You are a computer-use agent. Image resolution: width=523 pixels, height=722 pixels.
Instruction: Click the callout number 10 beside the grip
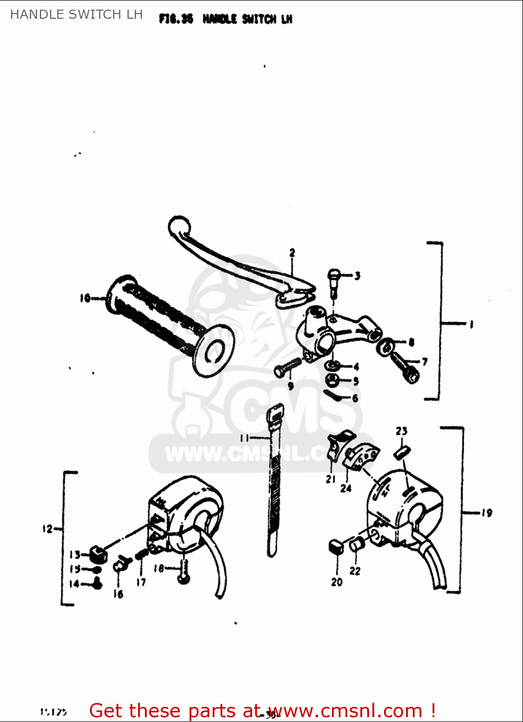pos(85,298)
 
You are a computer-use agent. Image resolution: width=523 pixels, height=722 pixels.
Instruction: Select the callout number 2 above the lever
pos(292,252)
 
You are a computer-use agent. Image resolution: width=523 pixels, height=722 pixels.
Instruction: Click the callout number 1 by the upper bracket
pos(471,324)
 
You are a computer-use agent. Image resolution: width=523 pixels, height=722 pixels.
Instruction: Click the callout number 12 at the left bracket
pos(47,529)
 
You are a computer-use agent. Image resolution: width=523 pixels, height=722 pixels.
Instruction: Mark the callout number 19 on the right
pos(486,513)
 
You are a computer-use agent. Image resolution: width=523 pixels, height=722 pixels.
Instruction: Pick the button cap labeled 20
pos(336,547)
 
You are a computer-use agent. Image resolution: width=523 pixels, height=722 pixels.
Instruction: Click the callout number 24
pos(346,488)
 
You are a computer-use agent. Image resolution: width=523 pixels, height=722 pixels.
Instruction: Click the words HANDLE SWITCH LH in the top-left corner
pos(77,14)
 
